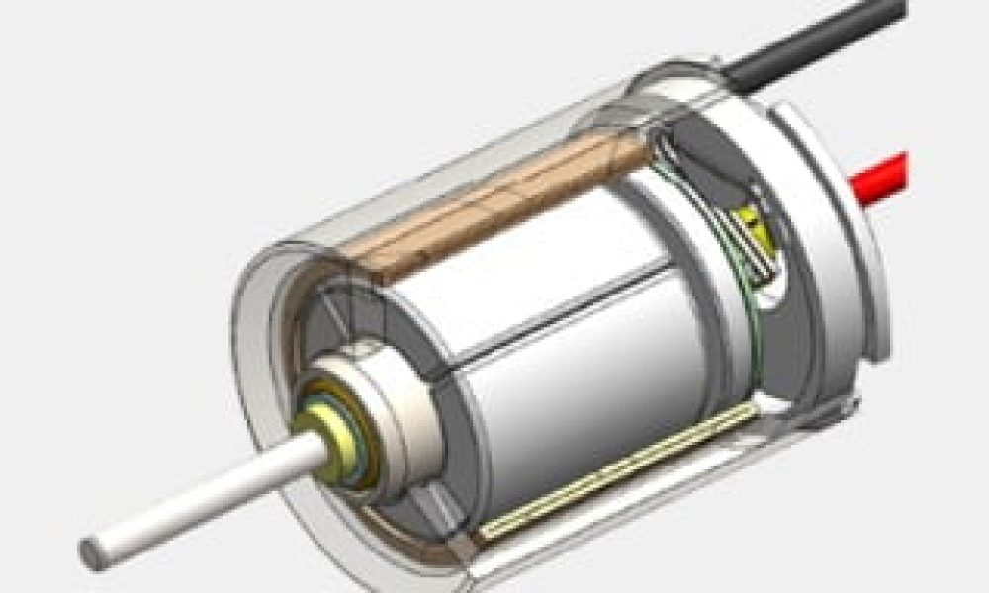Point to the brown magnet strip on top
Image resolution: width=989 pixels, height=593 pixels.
494,208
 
